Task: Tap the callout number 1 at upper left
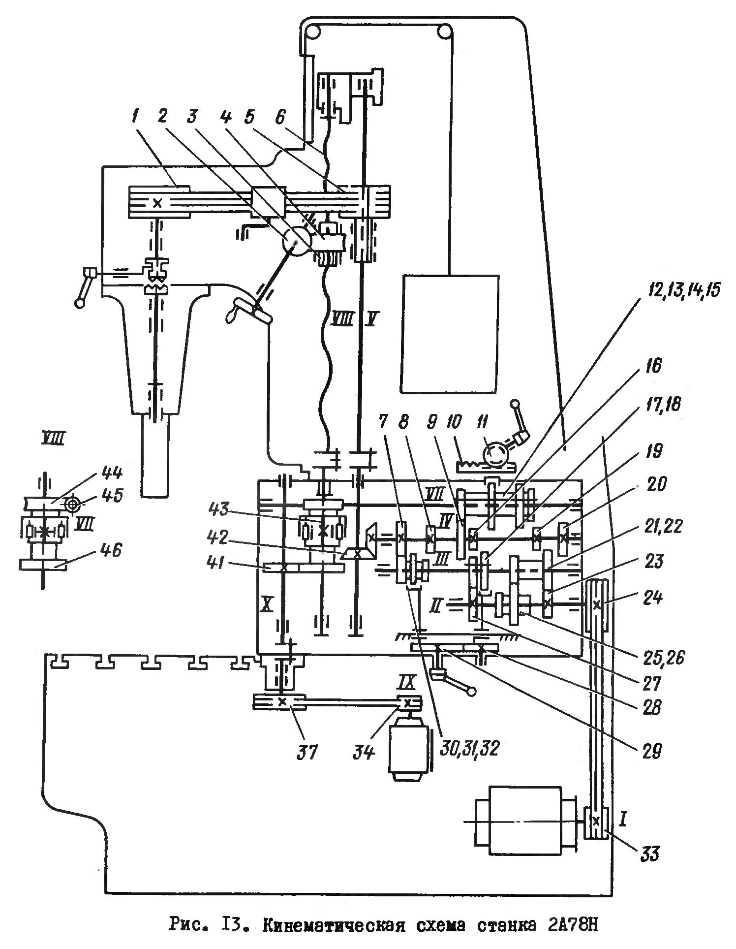click(135, 117)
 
